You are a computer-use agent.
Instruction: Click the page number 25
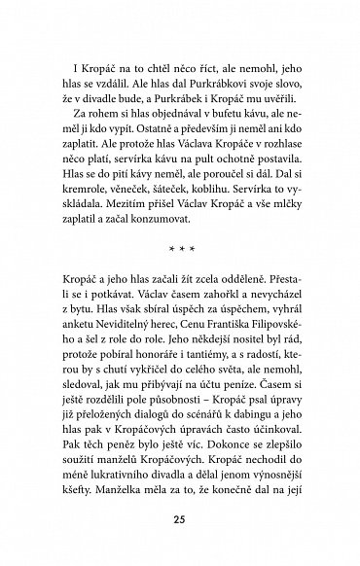point(180,520)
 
